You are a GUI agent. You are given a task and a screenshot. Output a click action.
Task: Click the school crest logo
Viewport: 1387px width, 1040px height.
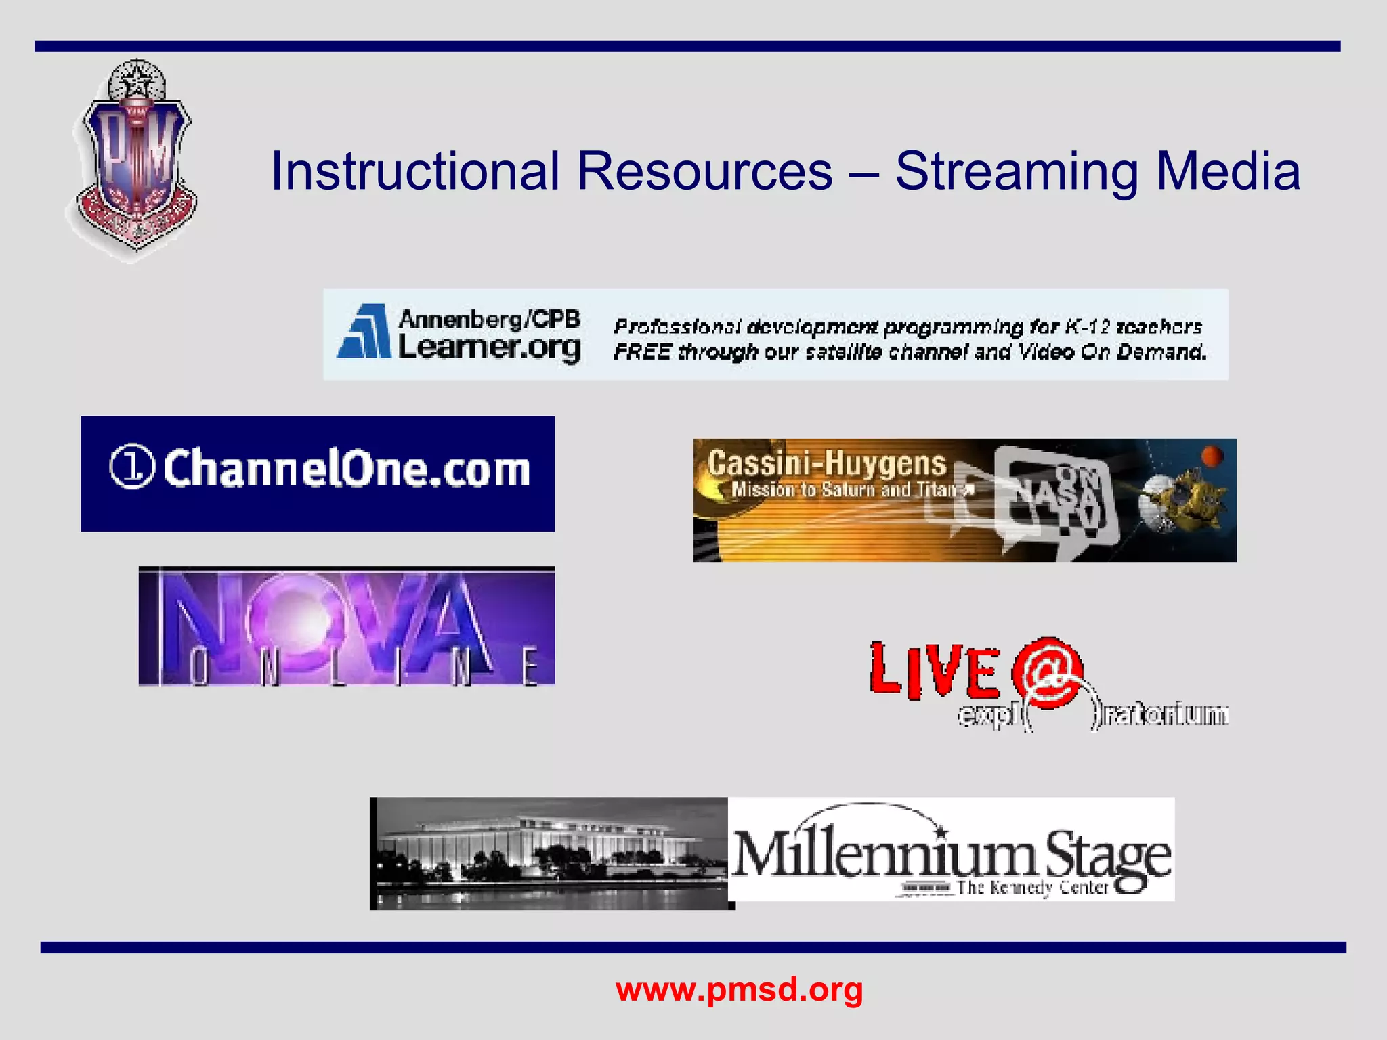point(135,160)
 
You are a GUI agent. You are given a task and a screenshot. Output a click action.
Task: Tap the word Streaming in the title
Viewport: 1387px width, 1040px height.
point(1017,172)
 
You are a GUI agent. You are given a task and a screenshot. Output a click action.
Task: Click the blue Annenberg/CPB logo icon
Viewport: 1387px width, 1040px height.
point(365,332)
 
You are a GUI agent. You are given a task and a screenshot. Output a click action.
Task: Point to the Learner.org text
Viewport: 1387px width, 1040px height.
point(489,348)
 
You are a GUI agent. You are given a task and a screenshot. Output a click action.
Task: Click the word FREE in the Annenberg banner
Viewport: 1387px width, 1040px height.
point(642,352)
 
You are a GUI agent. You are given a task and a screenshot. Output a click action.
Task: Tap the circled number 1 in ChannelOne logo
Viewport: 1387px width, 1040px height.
point(132,466)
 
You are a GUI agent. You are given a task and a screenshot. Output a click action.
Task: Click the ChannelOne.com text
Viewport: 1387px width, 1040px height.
point(346,469)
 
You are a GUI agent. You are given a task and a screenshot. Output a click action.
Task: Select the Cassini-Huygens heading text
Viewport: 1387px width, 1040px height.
point(826,464)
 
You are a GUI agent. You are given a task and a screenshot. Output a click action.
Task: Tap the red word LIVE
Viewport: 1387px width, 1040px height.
point(935,670)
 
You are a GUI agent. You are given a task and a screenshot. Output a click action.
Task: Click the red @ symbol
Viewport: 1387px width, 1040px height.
point(1046,672)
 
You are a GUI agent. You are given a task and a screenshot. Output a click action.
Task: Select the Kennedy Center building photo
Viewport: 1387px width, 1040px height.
point(550,853)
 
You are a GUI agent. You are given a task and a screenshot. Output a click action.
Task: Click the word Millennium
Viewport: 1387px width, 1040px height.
point(884,855)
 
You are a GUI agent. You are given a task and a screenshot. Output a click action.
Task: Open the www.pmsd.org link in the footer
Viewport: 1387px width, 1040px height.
point(739,989)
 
